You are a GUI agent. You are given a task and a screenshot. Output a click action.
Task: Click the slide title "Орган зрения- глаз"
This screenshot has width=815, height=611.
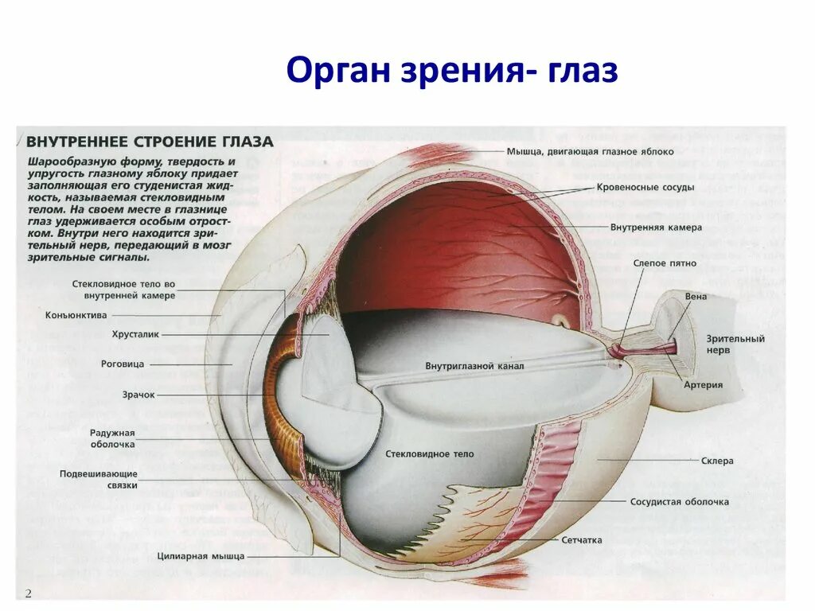pos(451,71)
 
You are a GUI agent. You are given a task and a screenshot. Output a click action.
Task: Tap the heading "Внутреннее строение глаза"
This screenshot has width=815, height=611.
pos(150,142)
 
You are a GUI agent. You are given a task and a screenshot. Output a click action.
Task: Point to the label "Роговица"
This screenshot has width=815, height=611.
pos(123,364)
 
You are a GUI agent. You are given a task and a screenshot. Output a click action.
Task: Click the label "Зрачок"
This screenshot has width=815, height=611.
pos(138,394)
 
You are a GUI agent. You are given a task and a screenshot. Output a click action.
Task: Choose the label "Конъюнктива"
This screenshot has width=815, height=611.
pos(76,314)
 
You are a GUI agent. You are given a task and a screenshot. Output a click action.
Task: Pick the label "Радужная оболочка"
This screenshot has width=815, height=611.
pos(112,438)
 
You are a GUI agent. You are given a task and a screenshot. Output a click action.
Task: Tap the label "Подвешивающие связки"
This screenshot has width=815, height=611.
pos(99,479)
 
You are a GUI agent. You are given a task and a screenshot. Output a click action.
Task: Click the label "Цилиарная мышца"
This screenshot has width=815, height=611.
pos(201,556)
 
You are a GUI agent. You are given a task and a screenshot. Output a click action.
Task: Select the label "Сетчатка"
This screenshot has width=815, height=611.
pos(582,539)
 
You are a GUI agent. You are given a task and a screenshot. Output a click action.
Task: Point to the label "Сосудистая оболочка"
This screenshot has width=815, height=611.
pos(679,502)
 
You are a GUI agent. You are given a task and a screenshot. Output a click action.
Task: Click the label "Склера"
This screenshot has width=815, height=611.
pos(717,461)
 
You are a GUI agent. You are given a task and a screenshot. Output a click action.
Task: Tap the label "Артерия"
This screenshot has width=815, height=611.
pos(703,385)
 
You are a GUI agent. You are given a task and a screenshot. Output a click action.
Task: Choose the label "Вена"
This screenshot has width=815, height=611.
pos(696,297)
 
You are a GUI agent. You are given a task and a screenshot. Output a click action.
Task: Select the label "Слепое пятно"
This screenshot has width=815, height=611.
pos(665,263)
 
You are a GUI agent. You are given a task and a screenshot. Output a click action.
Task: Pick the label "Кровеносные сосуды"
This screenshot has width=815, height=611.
pos(645,188)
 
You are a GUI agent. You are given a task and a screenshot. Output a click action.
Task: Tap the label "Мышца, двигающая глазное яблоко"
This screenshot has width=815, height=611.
pos(590,151)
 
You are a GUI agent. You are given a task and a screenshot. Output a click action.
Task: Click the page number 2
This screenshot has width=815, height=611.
pos(28,593)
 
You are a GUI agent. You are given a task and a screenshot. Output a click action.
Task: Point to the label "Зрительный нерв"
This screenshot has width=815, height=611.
pos(735,344)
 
